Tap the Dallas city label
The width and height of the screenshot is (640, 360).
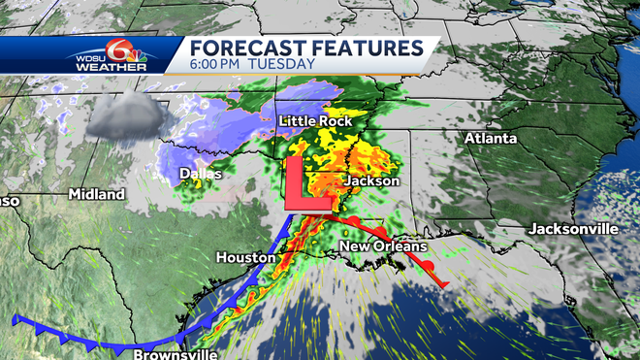[x=201, y=175]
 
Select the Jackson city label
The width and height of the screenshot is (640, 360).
[x=371, y=180]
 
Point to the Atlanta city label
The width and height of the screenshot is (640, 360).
[x=491, y=139]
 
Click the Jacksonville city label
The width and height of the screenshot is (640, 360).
[x=573, y=229]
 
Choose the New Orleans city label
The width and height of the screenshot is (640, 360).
[x=383, y=247]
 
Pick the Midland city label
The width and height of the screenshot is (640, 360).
[x=96, y=194]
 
